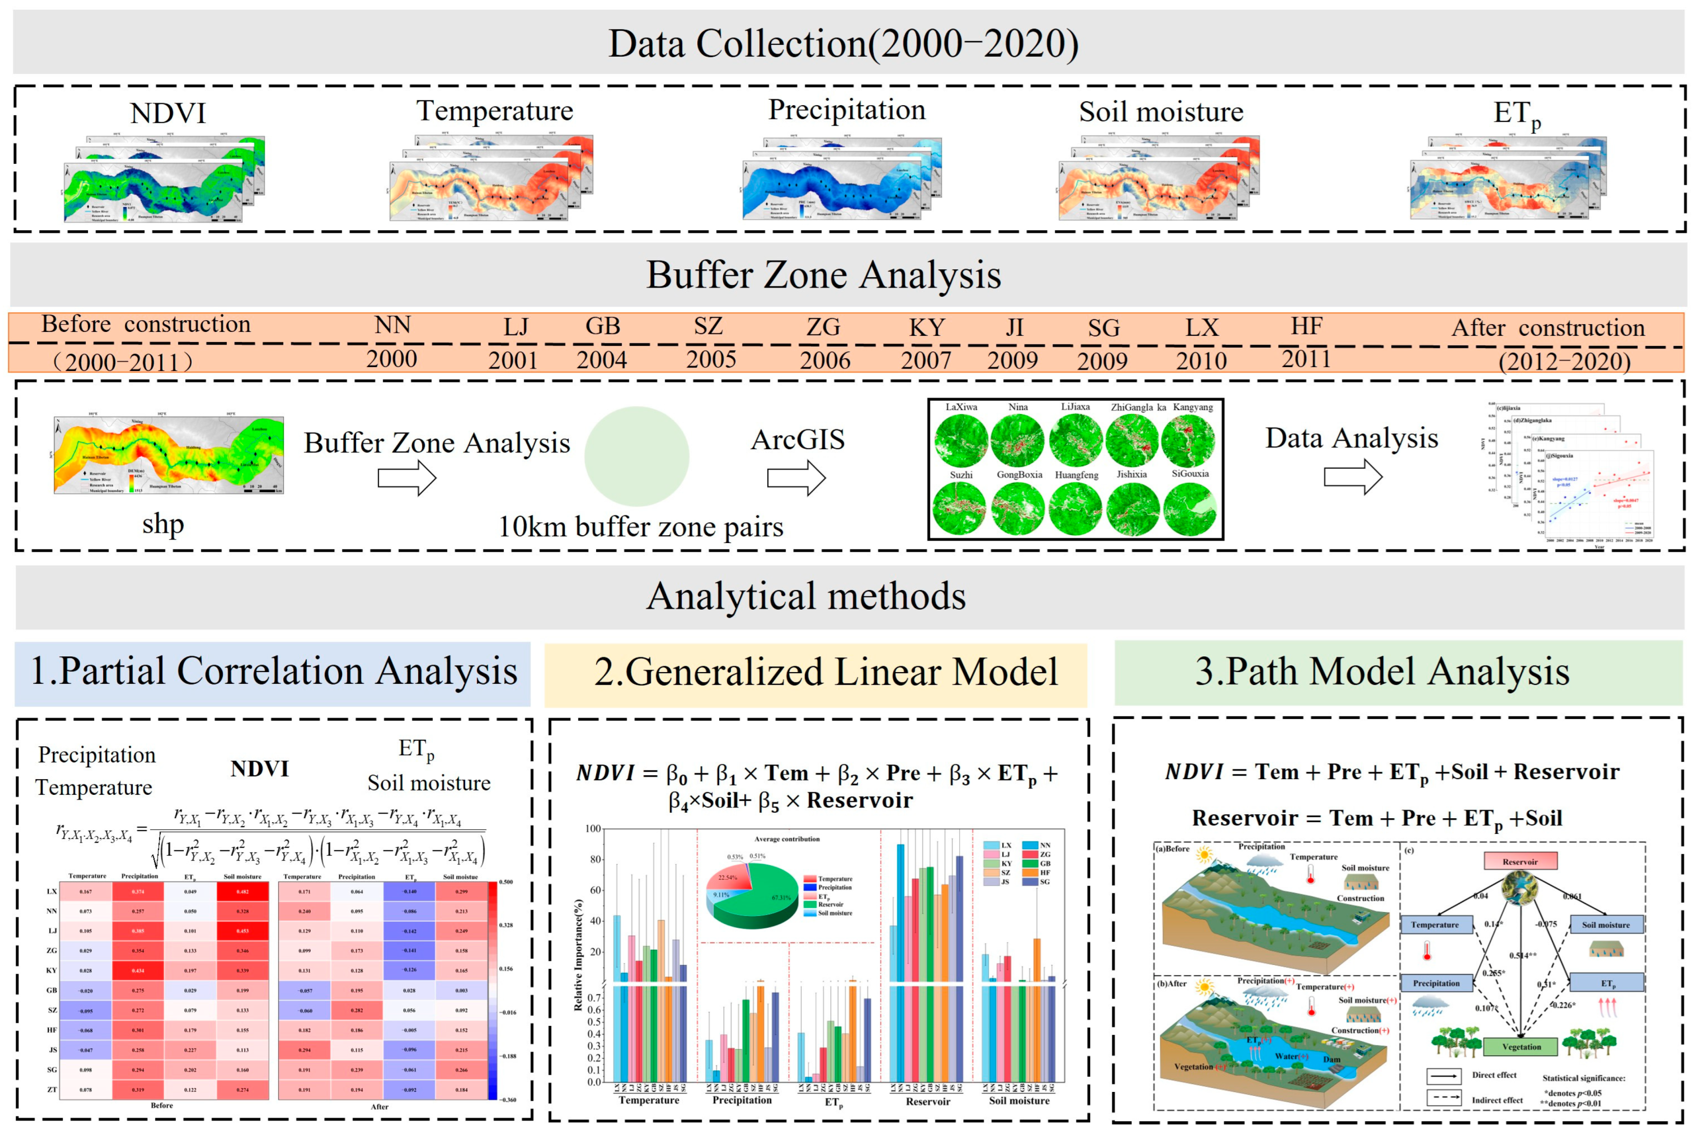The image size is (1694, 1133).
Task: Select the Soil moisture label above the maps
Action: pyautogui.click(x=1161, y=112)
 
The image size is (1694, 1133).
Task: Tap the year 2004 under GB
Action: pyautogui.click(x=601, y=360)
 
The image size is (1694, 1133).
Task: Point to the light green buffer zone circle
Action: pyautogui.click(x=637, y=457)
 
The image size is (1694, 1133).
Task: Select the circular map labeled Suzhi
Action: pyautogui.click(x=960, y=508)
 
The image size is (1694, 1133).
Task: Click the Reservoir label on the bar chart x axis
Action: pyautogui.click(x=927, y=1101)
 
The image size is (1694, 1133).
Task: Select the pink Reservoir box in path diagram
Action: pyautogui.click(x=1520, y=861)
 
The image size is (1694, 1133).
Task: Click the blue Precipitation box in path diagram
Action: pyautogui.click(x=1436, y=983)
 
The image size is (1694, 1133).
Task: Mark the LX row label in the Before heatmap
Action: pyautogui.click(x=51, y=892)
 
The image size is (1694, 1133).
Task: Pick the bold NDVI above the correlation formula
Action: pyautogui.click(x=259, y=769)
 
